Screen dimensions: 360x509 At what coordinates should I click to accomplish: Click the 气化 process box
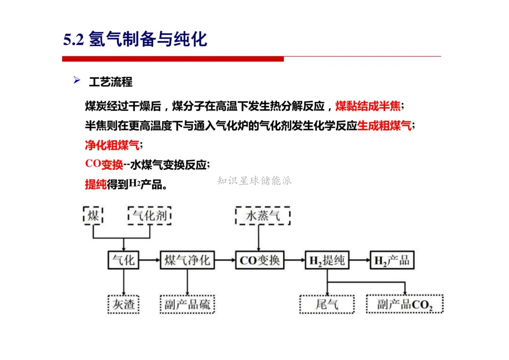pyautogui.click(x=123, y=260)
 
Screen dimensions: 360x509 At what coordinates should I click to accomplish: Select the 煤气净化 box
pyautogui.click(x=187, y=260)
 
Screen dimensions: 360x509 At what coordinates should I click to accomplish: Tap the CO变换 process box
pyautogui.click(x=260, y=260)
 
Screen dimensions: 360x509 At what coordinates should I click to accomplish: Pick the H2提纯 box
pyautogui.click(x=327, y=260)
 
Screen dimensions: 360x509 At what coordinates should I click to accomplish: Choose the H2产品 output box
pyautogui.click(x=392, y=260)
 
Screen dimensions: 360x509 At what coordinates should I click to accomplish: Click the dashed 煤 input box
pyautogui.click(x=93, y=216)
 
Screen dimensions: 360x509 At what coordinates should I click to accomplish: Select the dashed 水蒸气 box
pyautogui.click(x=263, y=216)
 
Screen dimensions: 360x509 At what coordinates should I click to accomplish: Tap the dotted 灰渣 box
pyautogui.click(x=123, y=304)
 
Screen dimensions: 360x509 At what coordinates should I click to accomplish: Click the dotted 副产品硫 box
pyautogui.click(x=187, y=304)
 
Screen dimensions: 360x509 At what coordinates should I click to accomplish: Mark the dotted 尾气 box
pyautogui.click(x=327, y=304)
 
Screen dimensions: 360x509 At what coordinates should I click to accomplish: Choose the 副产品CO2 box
pyautogui.click(x=405, y=304)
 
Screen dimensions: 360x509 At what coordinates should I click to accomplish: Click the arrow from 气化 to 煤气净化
pyautogui.click(x=149, y=260)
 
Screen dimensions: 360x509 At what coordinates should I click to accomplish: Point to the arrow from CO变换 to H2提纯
pyautogui.click(x=295, y=260)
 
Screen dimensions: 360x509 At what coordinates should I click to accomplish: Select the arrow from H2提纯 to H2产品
pyautogui.click(x=359, y=260)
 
